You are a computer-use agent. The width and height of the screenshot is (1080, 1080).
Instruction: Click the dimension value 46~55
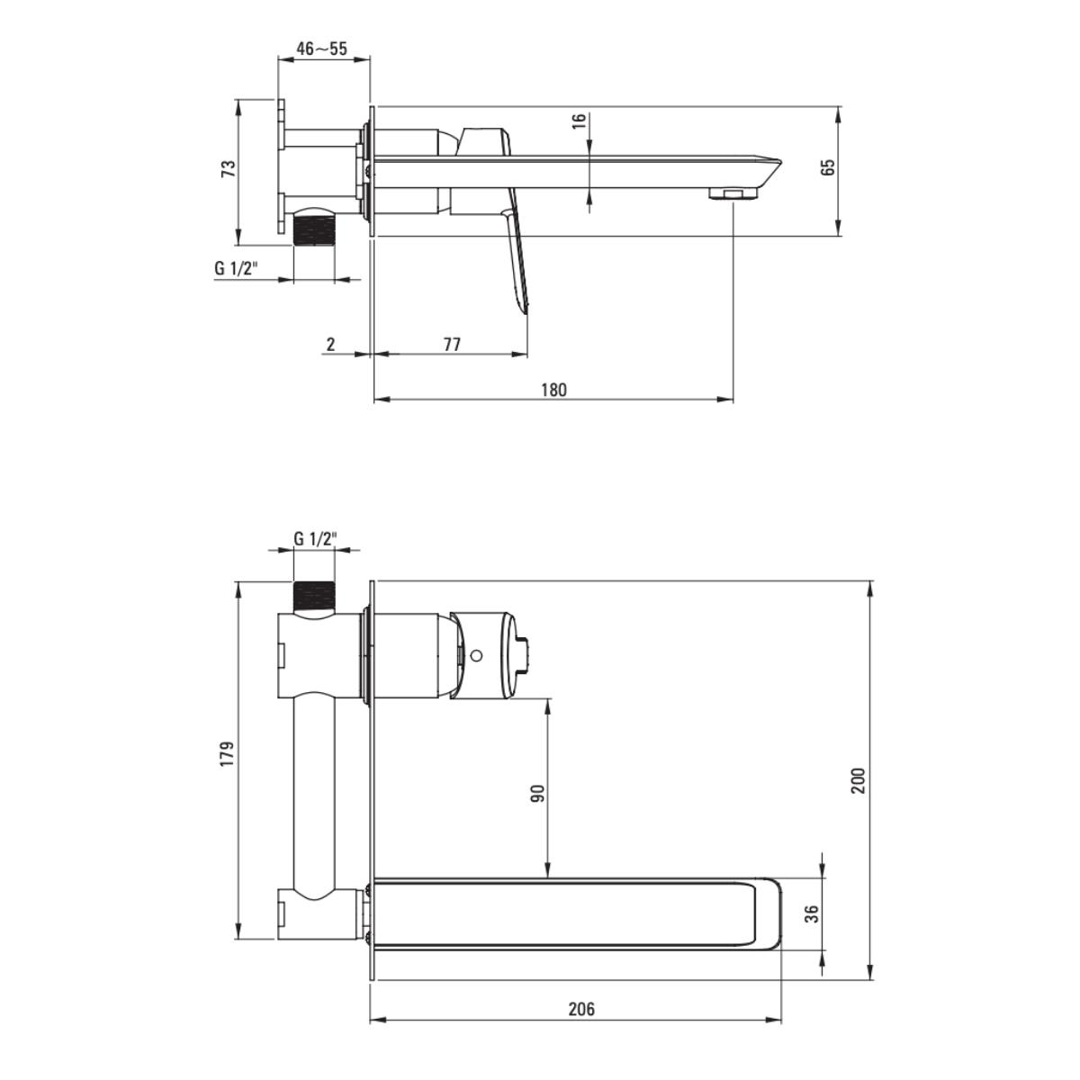(x=321, y=49)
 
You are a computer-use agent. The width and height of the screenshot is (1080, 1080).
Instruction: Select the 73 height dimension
(x=229, y=168)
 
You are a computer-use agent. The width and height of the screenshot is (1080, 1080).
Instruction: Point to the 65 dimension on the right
(x=828, y=167)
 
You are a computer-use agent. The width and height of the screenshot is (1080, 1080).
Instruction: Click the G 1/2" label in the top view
(x=237, y=268)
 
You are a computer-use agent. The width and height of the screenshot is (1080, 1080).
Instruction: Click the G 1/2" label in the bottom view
(x=315, y=539)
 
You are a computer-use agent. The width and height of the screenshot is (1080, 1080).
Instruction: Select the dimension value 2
(x=331, y=344)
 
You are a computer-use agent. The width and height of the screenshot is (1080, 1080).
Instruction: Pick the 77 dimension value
(x=452, y=344)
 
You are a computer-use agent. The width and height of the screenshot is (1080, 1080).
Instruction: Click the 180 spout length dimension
(x=554, y=390)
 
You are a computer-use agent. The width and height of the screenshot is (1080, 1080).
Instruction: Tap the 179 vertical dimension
(x=227, y=753)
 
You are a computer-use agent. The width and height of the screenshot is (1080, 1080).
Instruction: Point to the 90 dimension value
(x=537, y=793)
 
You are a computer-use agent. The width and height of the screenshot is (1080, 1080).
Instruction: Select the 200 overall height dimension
(x=858, y=779)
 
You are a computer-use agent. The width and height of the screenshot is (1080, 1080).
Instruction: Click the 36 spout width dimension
(x=811, y=913)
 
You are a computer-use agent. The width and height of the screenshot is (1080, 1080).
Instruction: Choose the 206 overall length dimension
(x=581, y=1009)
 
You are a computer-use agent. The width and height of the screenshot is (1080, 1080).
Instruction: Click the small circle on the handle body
(x=477, y=655)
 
